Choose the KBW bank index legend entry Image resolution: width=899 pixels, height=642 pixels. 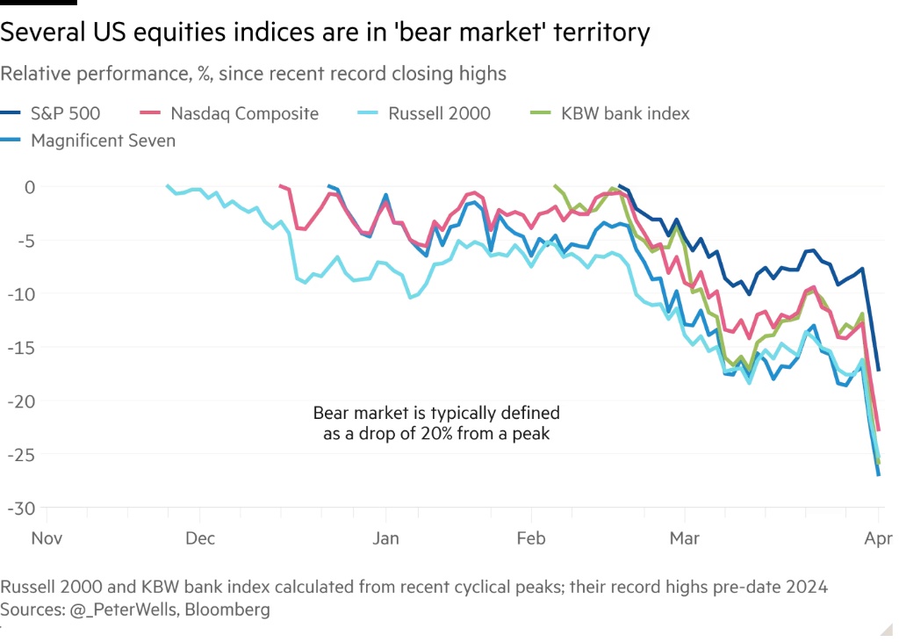pyautogui.click(x=625, y=113)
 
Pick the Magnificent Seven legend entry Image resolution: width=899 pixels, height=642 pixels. pyautogui.click(x=103, y=140)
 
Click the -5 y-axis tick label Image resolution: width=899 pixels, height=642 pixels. pyautogui.click(x=27, y=241)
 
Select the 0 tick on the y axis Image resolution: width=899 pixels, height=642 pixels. pyautogui.click(x=30, y=187)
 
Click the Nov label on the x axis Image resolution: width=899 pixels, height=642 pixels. pyautogui.click(x=47, y=537)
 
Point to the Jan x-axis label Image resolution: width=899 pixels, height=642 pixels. pyautogui.click(x=386, y=537)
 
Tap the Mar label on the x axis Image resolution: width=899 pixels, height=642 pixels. pyautogui.click(x=685, y=537)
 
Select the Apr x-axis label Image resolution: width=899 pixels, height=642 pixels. pyautogui.click(x=879, y=537)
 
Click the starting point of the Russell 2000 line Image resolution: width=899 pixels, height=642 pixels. pyautogui.click(x=168, y=185)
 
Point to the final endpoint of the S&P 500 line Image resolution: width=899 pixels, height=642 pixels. pyautogui.click(x=879, y=370)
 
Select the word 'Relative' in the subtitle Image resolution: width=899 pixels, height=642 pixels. pyautogui.click(x=32, y=74)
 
